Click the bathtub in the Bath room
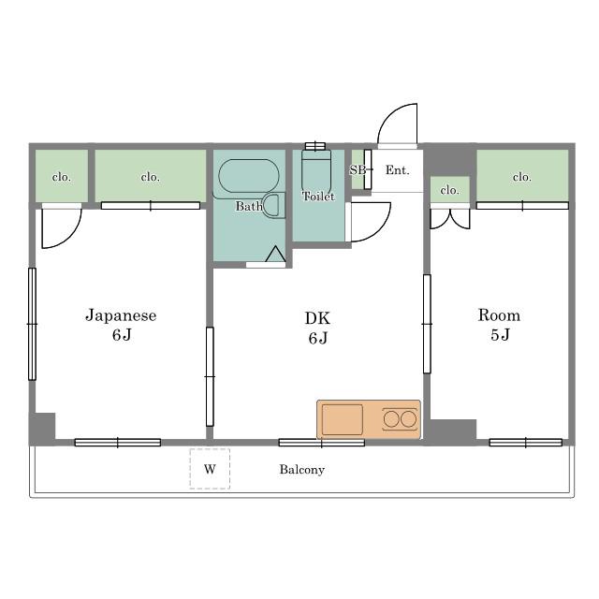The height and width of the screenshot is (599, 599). click(x=249, y=176)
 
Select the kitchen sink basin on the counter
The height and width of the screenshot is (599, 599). click(x=343, y=419)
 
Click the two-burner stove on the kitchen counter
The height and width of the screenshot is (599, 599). click(x=400, y=419)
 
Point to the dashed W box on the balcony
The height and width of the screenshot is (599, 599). click(x=210, y=469)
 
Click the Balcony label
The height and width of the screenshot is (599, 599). click(x=301, y=470)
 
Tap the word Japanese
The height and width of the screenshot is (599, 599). click(x=121, y=316)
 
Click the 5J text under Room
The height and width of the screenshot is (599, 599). click(x=500, y=335)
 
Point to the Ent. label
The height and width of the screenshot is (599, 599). click(x=397, y=170)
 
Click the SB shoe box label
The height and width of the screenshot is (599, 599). click(x=357, y=170)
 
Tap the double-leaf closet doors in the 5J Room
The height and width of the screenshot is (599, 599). click(x=450, y=218)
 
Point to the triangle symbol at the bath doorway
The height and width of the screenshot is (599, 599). click(x=275, y=254)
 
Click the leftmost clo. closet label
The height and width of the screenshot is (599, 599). click(x=62, y=177)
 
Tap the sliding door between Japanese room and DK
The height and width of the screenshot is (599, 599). click(x=210, y=376)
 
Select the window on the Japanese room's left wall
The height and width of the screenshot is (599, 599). click(x=33, y=324)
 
